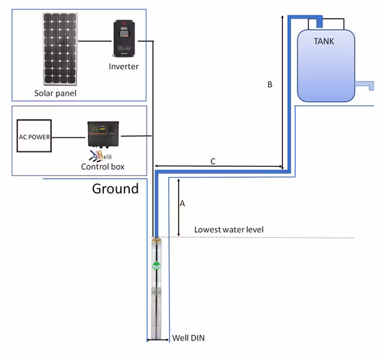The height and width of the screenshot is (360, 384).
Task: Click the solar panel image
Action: (61, 48)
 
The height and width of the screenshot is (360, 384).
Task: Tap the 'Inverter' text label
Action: (124, 66)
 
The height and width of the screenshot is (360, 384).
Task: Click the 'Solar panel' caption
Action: (55, 93)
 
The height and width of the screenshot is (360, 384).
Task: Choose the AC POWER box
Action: (35, 137)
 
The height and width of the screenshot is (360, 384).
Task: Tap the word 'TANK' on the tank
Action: (323, 41)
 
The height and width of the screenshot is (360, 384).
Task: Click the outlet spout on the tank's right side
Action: (364, 86)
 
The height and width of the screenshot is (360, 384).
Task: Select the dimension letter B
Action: (270, 84)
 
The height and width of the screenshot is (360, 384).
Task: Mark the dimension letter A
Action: (182, 204)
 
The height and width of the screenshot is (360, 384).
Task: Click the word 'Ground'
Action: (115, 189)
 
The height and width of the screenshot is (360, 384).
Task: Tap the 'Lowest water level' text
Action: (228, 230)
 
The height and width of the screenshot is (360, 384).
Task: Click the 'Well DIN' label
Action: (189, 338)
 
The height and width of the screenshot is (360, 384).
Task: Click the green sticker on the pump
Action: (158, 266)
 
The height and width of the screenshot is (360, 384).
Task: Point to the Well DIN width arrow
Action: (158, 340)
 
